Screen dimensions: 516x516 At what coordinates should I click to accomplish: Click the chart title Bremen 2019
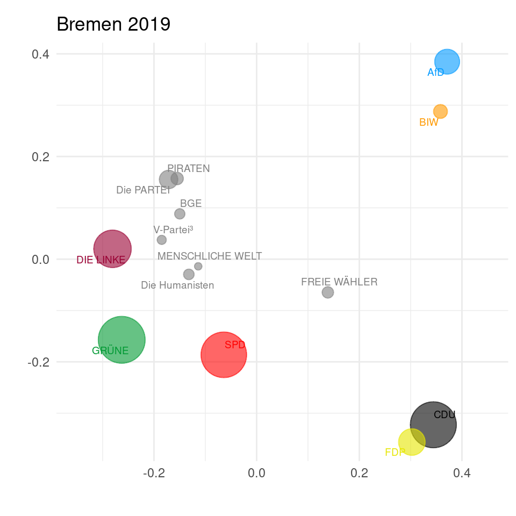coord(113,24)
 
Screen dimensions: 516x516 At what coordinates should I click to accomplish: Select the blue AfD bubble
coord(447,62)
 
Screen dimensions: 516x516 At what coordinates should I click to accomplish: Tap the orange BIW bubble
coord(440,111)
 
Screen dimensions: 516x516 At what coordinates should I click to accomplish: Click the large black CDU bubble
coord(433,425)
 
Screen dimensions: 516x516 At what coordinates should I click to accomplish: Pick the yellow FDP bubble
coord(412,442)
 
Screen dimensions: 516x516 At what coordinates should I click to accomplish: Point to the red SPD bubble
coord(224,355)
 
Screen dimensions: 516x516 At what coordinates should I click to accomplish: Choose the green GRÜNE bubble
coord(122,340)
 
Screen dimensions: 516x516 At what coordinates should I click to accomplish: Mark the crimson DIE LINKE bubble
coord(112,248)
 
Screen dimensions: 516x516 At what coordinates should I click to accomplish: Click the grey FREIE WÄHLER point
coord(327,292)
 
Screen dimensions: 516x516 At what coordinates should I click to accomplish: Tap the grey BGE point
coord(180,214)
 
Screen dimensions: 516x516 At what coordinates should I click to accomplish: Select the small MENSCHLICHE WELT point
coord(198,266)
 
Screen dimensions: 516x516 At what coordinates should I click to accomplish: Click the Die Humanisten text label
coord(177,285)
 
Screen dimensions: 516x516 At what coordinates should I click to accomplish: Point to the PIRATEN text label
coord(189,169)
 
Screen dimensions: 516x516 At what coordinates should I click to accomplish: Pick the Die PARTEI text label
coord(143,190)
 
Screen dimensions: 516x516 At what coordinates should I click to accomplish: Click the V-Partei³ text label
coord(173,230)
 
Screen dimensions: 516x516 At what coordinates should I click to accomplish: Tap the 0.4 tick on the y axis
coord(39,54)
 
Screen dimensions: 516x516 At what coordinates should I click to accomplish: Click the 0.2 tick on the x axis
coord(359,474)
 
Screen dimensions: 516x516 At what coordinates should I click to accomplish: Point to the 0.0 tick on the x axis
coord(256,474)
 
